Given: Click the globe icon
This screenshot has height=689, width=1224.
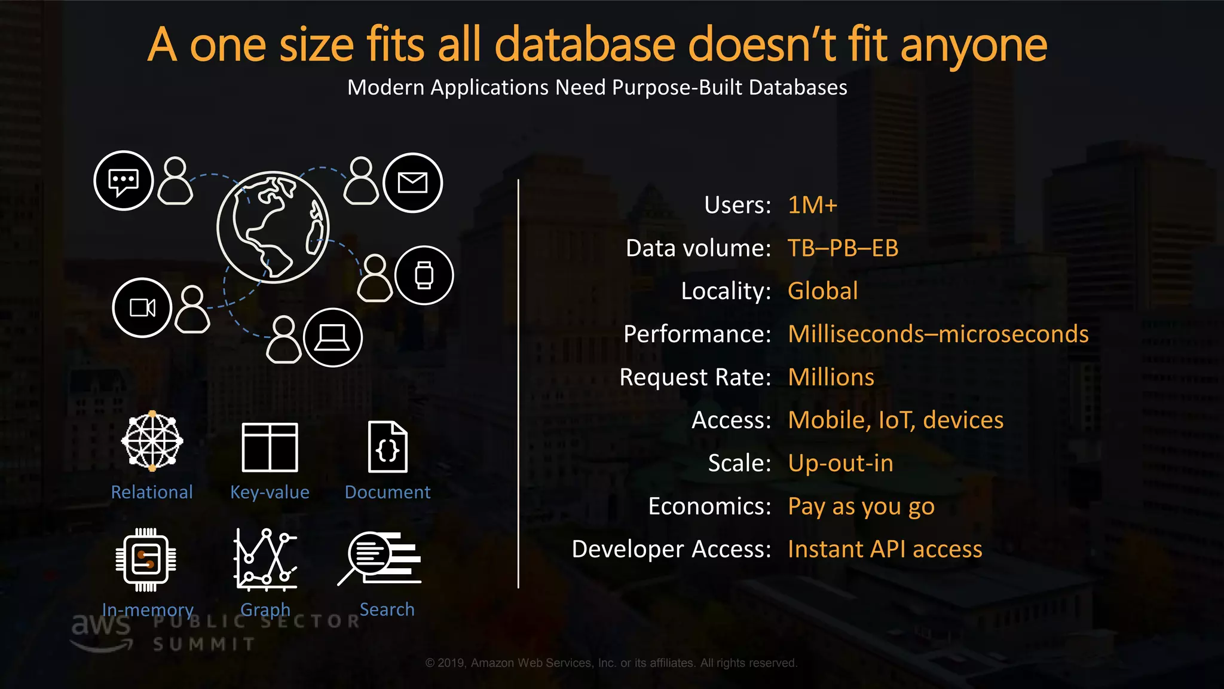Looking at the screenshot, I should click(273, 227).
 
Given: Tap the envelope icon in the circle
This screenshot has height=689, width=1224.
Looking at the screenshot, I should click(412, 182).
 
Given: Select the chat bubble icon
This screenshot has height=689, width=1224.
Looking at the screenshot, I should click(124, 181).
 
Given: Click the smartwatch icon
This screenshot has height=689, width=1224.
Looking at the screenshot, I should click(424, 275).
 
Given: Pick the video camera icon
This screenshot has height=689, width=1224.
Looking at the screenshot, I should click(142, 307).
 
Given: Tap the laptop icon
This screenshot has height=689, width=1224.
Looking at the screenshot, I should click(332, 337).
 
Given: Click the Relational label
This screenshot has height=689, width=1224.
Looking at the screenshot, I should click(152, 492).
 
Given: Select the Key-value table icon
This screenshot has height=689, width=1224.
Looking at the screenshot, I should click(270, 447).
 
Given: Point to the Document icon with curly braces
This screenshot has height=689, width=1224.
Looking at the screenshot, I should click(388, 447).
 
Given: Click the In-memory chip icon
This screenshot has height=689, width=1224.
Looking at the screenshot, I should click(146, 560).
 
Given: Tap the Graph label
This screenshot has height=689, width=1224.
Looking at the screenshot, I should click(265, 609).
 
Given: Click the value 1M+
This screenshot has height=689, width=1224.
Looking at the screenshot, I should click(813, 205).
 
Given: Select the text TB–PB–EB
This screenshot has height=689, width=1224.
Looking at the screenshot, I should click(843, 248).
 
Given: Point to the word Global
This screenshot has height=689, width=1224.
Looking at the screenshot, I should click(822, 291).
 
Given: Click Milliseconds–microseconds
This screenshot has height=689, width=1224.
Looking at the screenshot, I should click(938, 334).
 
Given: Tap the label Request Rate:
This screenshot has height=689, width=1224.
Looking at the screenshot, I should click(695, 377).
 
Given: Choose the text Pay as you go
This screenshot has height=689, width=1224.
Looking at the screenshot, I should click(861, 507).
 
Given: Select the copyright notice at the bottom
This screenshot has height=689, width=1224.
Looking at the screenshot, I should click(611, 663).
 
